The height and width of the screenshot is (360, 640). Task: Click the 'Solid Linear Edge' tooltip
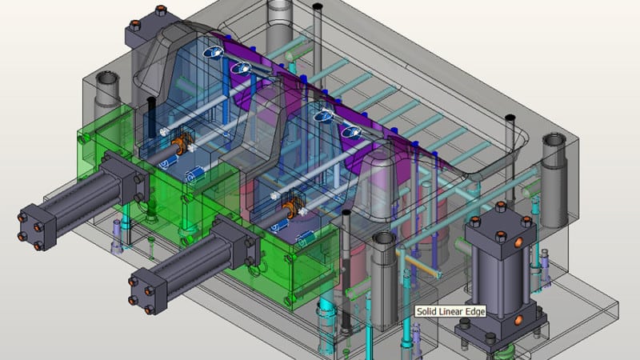coord(449,313)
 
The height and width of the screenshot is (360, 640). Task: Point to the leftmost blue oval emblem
coord(214,53)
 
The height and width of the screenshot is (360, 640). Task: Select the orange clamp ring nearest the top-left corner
coord(183,145)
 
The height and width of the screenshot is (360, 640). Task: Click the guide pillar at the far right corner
coord(554,152)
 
